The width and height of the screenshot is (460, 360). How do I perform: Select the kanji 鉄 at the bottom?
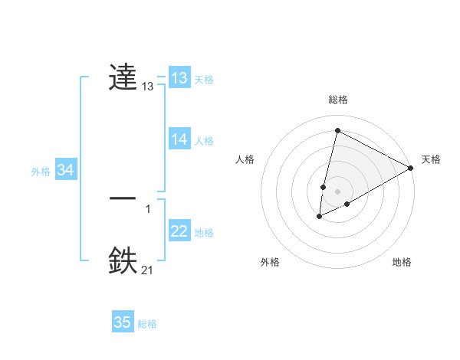(x=123, y=260)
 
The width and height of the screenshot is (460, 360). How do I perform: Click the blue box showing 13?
(x=179, y=78)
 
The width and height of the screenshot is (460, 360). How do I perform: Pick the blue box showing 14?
(x=179, y=139)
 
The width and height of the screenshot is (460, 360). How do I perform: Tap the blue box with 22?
(x=179, y=231)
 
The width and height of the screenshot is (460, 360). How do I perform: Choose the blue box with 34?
(x=66, y=170)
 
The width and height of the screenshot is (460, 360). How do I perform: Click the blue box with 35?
(x=123, y=322)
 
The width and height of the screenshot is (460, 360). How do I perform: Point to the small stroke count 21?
(x=148, y=269)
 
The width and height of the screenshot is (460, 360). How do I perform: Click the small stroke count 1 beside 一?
(x=148, y=208)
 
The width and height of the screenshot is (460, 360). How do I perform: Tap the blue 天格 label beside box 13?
(x=204, y=80)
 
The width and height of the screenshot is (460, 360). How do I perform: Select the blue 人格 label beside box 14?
(x=204, y=141)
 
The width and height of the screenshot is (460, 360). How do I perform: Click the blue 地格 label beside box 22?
(x=204, y=233)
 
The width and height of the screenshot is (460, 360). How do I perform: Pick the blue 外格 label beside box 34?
(x=41, y=172)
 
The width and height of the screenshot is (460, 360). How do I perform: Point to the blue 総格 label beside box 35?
(x=147, y=324)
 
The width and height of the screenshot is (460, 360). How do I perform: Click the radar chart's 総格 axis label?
(x=338, y=100)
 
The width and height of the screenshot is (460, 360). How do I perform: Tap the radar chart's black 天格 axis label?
(x=431, y=159)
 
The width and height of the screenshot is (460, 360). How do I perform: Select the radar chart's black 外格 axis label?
(x=270, y=262)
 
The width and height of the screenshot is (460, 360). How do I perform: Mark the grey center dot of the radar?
(x=338, y=191)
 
